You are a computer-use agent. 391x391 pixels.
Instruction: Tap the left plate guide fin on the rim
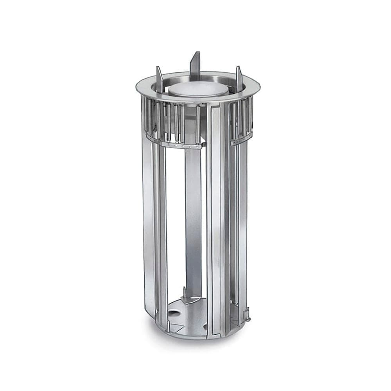click(x=159, y=80)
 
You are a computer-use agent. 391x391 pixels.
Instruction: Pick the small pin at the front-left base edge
click(x=168, y=326)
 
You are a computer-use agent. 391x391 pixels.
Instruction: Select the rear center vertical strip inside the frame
click(x=193, y=219)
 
